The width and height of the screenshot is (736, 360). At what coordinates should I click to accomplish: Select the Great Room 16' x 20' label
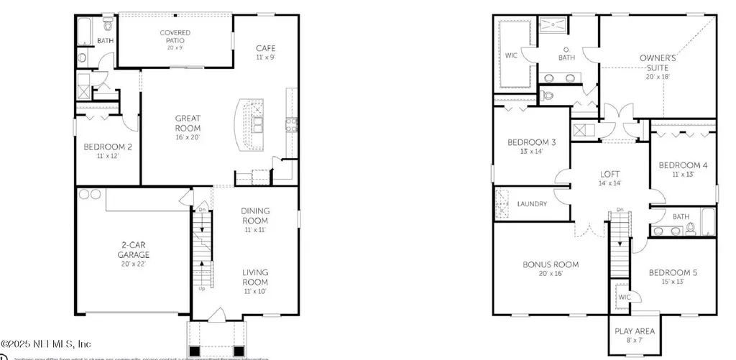click(x=188, y=128)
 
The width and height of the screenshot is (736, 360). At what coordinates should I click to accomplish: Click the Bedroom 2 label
click(x=108, y=152)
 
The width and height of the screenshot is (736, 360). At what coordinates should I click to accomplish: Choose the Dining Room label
click(x=255, y=216)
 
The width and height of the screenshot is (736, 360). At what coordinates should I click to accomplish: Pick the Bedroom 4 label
click(x=683, y=170)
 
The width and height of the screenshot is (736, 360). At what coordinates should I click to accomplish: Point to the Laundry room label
click(x=532, y=204)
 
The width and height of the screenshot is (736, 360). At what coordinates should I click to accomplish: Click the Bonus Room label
click(x=550, y=269)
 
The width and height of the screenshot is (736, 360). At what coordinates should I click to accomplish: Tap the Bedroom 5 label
click(x=673, y=277)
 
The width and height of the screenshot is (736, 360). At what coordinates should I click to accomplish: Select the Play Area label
click(x=635, y=336)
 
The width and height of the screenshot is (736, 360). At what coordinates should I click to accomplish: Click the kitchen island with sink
click(x=252, y=126)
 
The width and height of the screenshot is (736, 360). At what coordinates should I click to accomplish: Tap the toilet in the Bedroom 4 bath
click(x=691, y=229)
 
